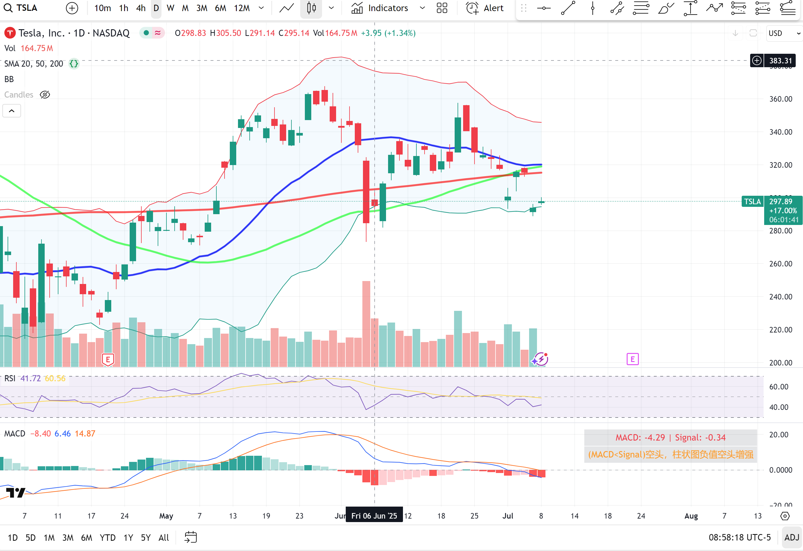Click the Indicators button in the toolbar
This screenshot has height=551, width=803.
pos(380,8)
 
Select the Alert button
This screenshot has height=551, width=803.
pos(485,8)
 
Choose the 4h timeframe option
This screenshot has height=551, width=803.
pos(141,8)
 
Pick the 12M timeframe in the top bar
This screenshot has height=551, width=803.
pos(241,8)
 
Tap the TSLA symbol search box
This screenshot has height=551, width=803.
pos(21,8)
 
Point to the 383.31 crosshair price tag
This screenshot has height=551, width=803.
pos(780,61)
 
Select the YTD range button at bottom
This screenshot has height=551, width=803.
pos(107,538)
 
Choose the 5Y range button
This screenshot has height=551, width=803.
pos(145,538)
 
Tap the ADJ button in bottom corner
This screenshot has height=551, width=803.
pos(792,538)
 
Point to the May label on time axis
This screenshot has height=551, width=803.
pos(166,516)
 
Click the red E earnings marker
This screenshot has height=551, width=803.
pos(108,360)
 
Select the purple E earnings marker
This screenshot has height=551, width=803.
pos(632,359)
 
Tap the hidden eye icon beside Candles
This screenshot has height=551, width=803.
pos(45,95)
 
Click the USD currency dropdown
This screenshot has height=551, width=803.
pos(784,33)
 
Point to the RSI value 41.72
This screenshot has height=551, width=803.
pos(30,379)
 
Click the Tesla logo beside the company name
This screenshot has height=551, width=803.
pos(10,33)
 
